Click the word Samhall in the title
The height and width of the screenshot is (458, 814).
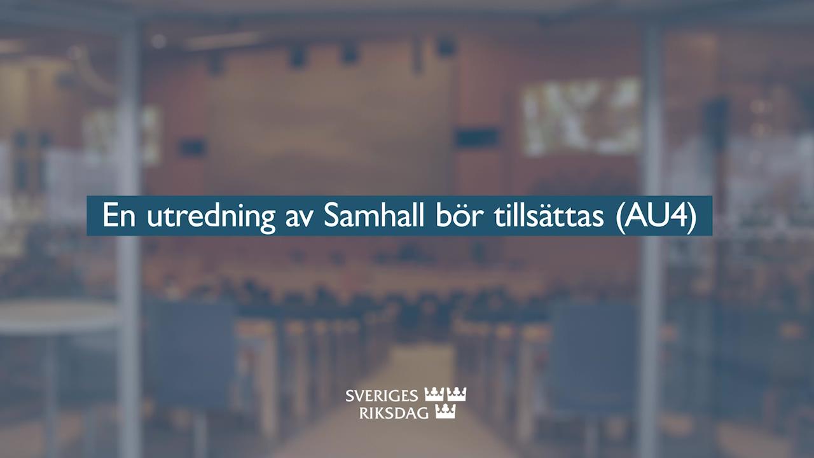(x=374, y=216)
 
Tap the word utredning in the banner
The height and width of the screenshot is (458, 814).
(x=210, y=218)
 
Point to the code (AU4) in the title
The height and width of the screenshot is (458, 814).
(x=656, y=216)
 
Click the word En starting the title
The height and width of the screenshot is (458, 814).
(x=119, y=216)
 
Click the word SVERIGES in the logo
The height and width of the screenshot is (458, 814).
(x=382, y=396)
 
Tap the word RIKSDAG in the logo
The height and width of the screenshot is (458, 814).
(x=394, y=413)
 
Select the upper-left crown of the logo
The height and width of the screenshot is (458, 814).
(x=434, y=394)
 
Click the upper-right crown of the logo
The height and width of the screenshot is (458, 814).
(x=457, y=394)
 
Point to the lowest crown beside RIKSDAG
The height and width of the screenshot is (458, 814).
(x=445, y=412)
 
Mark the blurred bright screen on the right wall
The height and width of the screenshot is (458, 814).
(x=581, y=117)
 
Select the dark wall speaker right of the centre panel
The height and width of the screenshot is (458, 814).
(x=476, y=138)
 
